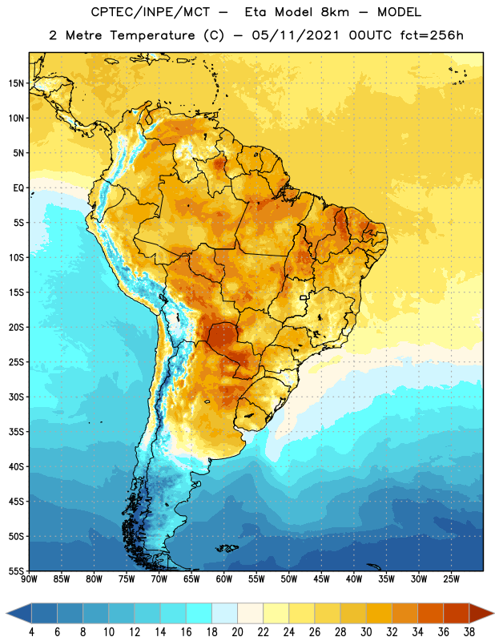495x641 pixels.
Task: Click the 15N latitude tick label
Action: coord(16,83)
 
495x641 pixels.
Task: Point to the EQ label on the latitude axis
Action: coord(18,188)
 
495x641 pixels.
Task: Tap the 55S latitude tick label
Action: coord(16,570)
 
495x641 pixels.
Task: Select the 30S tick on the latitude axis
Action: coord(16,397)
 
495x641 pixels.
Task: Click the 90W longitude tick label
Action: coord(29,579)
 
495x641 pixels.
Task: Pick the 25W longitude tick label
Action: coord(451,579)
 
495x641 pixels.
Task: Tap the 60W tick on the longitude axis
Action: coord(224,579)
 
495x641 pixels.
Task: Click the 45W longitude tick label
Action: coord(321,579)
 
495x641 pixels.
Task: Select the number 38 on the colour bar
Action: coord(469,632)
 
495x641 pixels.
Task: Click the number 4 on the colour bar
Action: coord(31,632)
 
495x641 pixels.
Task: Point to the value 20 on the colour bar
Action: coord(237,632)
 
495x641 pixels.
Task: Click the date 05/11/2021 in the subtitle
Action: coord(296,35)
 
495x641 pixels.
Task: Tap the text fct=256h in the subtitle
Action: coord(432,35)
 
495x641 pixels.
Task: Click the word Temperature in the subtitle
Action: coord(152,35)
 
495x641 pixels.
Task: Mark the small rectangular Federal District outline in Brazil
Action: coord(304,297)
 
